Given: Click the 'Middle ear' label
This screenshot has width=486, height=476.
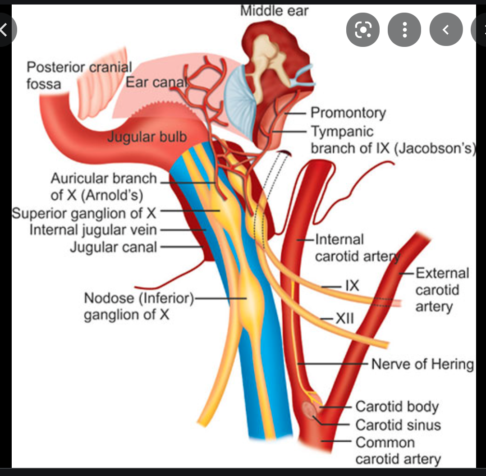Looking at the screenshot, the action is pyautogui.click(x=274, y=10).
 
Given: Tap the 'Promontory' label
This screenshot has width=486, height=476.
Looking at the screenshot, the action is pyautogui.click(x=348, y=113).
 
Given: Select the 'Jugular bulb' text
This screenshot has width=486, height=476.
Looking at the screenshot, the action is pyautogui.click(x=147, y=137).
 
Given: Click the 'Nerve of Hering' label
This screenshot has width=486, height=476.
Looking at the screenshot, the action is pyautogui.click(x=422, y=364).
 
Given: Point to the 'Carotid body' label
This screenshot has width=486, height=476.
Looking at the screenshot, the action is pyautogui.click(x=397, y=406).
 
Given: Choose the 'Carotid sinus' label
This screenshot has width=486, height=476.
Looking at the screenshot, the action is pyautogui.click(x=398, y=425).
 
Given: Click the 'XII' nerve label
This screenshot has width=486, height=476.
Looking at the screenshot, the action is pyautogui.click(x=344, y=319).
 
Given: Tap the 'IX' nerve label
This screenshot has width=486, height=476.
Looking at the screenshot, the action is pyautogui.click(x=352, y=285).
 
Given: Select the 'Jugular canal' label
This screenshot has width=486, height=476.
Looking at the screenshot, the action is pyautogui.click(x=113, y=247).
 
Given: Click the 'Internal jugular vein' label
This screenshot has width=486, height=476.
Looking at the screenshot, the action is pyautogui.click(x=93, y=230).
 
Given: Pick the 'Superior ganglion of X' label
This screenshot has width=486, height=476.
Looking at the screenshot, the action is pyautogui.click(x=84, y=212).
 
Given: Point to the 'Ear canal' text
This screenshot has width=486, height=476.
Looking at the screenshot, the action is pyautogui.click(x=156, y=82).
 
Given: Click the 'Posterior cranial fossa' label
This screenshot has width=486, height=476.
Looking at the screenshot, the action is pyautogui.click(x=79, y=75).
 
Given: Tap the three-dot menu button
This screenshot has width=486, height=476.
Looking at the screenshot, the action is pyautogui.click(x=404, y=30).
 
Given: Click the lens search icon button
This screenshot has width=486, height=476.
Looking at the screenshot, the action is pyautogui.click(x=362, y=30).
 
